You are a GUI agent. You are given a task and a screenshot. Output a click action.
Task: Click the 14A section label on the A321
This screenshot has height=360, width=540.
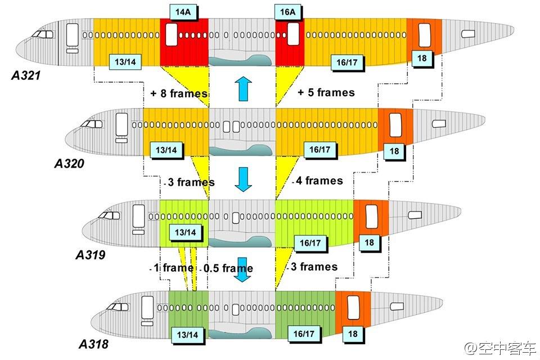[182, 11]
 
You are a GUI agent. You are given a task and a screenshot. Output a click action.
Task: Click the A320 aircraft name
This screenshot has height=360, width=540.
[69, 164]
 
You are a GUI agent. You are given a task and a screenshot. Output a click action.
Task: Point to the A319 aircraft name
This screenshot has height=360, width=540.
[91, 255]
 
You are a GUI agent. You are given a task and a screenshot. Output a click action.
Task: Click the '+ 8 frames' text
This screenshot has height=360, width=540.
[179, 93]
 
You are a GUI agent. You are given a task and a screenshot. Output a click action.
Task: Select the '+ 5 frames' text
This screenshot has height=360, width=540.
[326, 92]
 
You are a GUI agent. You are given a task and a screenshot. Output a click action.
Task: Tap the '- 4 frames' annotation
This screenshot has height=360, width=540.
[318, 181]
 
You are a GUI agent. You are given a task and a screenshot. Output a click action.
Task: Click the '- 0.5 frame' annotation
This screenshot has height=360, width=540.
[228, 268]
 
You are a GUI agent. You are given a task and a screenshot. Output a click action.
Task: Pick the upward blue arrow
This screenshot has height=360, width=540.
[242, 89]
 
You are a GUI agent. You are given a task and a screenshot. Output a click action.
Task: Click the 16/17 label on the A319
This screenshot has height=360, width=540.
[310, 242]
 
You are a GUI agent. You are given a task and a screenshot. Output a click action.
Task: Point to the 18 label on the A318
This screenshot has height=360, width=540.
[353, 333]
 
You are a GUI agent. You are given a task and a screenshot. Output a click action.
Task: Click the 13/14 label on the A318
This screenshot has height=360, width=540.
[187, 334]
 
